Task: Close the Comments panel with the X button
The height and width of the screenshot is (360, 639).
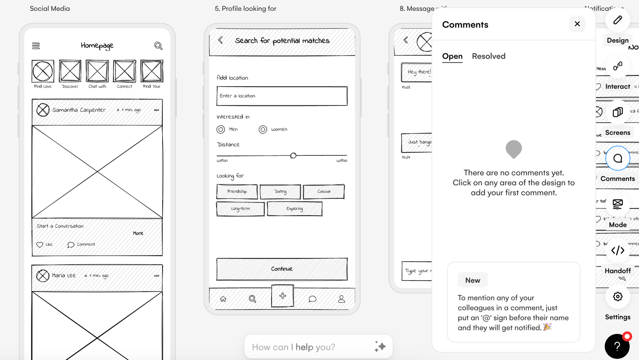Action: [577, 24]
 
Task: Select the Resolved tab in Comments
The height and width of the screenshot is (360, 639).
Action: [488, 56]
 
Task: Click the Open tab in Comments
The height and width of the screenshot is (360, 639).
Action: [452, 56]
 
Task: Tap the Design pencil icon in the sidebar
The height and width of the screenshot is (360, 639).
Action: [617, 20]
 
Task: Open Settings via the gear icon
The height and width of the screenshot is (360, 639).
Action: [617, 296]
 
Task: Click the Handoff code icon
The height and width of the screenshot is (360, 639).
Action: [617, 251]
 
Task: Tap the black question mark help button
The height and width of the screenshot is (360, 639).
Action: [617, 346]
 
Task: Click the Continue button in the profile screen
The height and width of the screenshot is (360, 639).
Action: [282, 269]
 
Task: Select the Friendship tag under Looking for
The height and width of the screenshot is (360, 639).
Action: [237, 192]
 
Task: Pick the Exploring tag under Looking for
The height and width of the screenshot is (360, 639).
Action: [295, 209]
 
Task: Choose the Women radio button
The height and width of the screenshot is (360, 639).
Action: [263, 129]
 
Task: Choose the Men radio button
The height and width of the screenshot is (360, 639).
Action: [220, 129]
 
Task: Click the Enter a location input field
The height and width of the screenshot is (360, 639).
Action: [282, 96]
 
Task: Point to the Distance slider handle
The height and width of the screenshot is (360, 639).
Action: [293, 155]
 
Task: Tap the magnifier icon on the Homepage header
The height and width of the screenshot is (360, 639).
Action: [158, 46]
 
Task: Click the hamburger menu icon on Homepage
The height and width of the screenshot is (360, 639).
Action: [36, 46]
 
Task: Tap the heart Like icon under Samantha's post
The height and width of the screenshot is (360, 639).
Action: [40, 245]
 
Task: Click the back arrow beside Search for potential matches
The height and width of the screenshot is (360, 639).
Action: [220, 40]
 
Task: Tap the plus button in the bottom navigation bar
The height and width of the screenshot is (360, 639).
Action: [282, 296]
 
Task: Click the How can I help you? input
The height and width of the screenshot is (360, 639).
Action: [312, 347]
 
